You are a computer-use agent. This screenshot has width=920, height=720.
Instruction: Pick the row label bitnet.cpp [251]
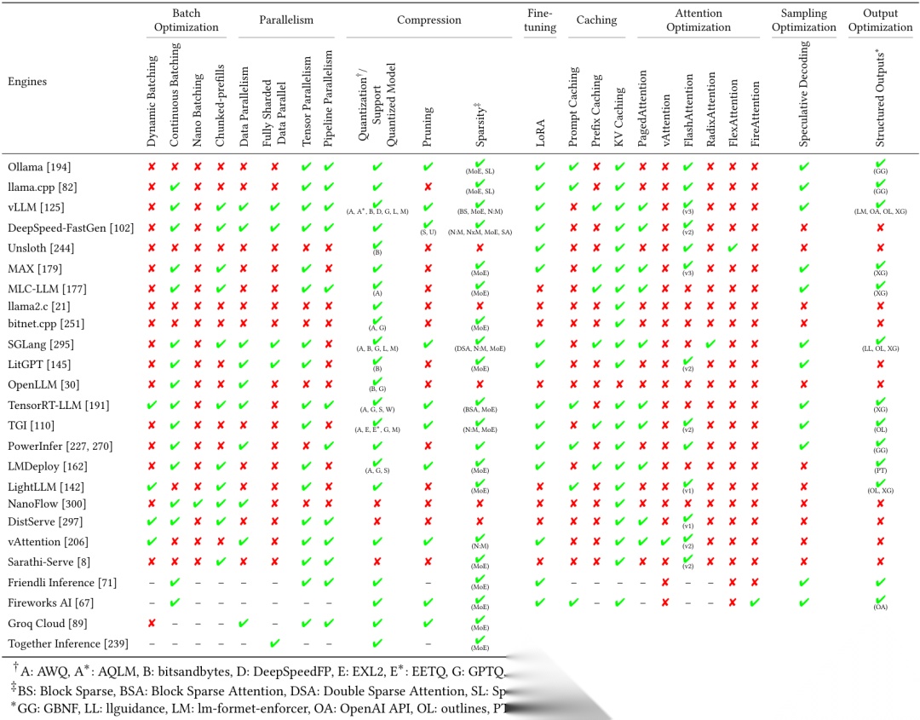pyautogui.click(x=46, y=324)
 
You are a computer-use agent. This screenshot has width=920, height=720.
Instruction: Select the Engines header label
pyautogui.click(x=27, y=82)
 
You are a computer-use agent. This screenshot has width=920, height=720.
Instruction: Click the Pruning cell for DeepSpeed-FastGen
pyautogui.click(x=428, y=227)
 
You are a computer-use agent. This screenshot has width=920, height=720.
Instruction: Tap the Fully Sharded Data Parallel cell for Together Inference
pyautogui.click(x=274, y=642)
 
